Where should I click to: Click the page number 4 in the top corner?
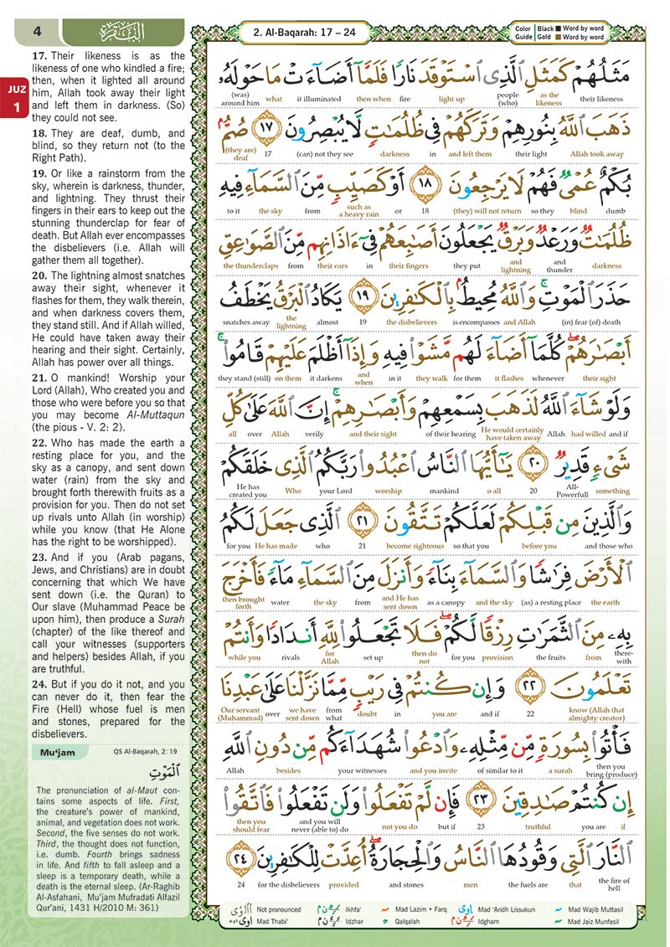tap(37, 33)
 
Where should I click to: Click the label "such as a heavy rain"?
tap(358, 208)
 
